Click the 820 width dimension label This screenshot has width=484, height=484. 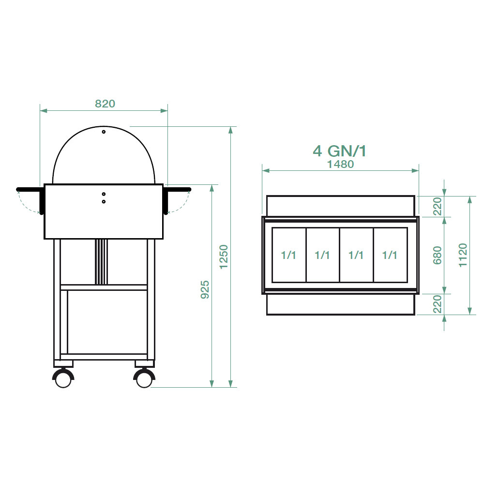tap(105, 104)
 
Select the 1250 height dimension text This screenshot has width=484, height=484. tap(224, 257)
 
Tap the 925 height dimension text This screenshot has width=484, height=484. tap(205, 289)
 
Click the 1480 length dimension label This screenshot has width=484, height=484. tap(340, 164)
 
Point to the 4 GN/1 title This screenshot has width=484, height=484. tap(340, 151)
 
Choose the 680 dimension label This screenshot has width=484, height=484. tap(438, 255)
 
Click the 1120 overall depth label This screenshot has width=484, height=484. tap(463, 255)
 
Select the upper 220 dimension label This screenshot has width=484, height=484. tap(438, 207)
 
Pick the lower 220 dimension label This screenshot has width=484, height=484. tap(438, 304)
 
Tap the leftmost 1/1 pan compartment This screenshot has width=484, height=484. tap(289, 255)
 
